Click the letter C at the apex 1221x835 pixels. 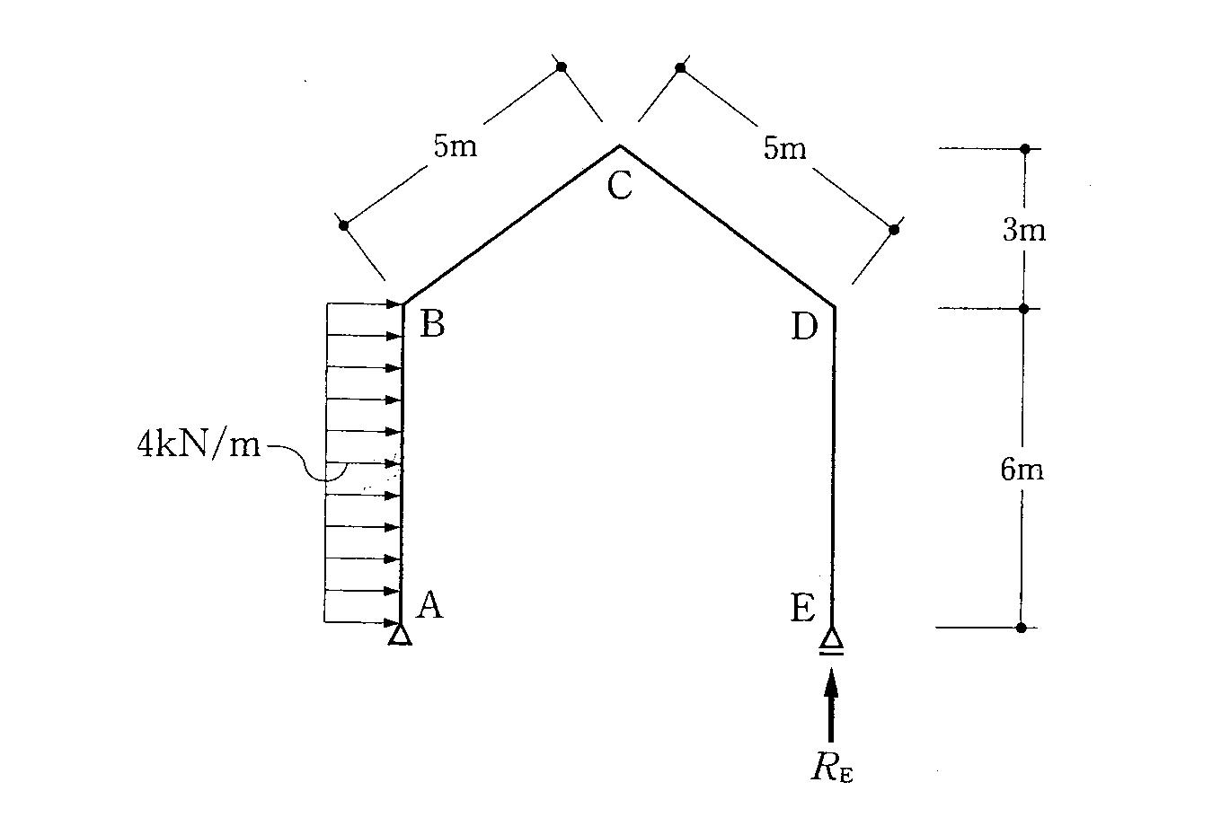[x=619, y=186]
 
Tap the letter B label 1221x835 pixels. [x=432, y=325]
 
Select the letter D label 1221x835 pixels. [x=804, y=328]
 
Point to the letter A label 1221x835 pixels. [x=429, y=606]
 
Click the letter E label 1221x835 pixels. [x=802, y=610]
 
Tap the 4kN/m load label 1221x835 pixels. [x=199, y=444]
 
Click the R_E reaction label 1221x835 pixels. [x=831, y=768]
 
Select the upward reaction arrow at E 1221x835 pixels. [x=831, y=705]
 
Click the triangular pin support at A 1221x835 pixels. [x=400, y=635]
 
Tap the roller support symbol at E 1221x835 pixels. [x=832, y=641]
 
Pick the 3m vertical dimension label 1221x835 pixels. [x=1023, y=231]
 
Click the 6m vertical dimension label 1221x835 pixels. [x=1022, y=469]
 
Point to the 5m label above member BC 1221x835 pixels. [x=456, y=145]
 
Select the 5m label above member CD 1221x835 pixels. [x=785, y=148]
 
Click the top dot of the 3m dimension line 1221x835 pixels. [x=1024, y=148]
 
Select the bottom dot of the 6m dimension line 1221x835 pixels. [x=1021, y=628]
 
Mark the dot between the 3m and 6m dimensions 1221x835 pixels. [x=1023, y=308]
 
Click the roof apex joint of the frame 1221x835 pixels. [x=619, y=145]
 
